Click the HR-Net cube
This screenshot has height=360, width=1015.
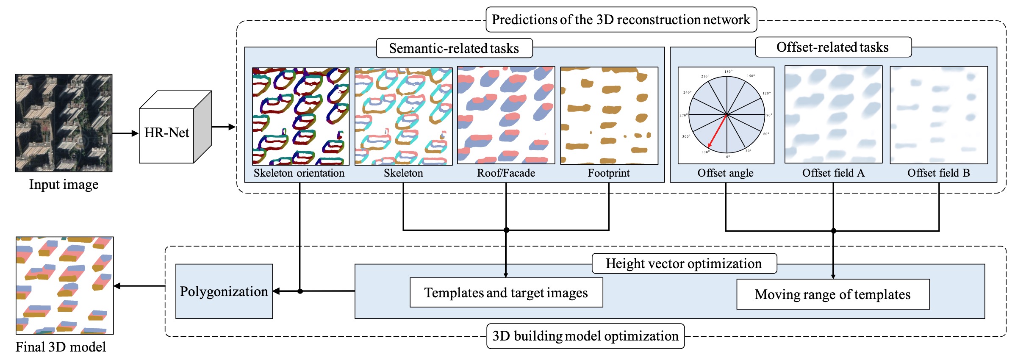point(175,127)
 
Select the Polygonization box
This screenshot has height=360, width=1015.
point(224,291)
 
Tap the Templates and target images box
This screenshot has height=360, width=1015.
point(506,292)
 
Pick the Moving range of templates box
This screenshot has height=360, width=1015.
point(833,294)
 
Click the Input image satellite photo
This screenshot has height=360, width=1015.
point(64,123)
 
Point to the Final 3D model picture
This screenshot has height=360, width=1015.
point(65,285)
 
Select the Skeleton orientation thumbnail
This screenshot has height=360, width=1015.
point(301,116)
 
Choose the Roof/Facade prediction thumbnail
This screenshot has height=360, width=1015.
point(506,115)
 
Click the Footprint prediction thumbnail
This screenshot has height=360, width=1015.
point(609,116)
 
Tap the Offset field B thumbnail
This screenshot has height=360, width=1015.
point(939,115)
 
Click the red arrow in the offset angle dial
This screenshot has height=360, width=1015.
point(717,131)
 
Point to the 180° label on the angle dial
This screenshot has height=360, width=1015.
point(728,72)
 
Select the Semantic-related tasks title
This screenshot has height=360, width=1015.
point(454,48)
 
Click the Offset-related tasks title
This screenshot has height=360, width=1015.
point(832,47)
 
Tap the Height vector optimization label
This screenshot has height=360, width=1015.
point(684,263)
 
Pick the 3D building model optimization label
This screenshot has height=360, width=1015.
point(585,336)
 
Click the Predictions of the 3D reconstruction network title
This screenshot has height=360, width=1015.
point(621,19)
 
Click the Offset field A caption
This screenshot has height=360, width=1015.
point(833,173)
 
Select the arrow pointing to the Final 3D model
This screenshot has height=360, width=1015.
point(139,286)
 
